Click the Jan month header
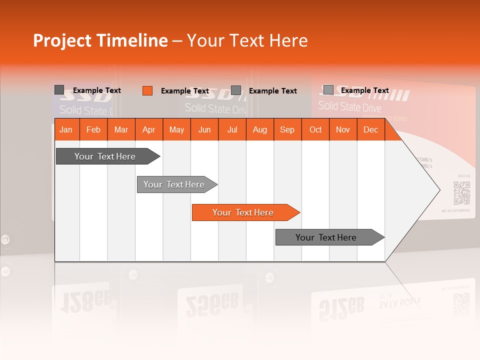coord(66,130)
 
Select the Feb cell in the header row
coord(93,130)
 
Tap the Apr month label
coord(148,130)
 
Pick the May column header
coord(176,130)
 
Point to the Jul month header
coord(232,130)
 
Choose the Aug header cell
coord(259,130)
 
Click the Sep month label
coord(287,130)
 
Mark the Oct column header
coord(315,130)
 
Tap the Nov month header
coord(343,130)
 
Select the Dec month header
coord(370,130)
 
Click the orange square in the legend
coord(147,90)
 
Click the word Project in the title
coord(62,40)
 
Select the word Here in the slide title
coord(288,40)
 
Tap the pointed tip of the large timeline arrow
coord(438,189)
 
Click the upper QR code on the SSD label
coord(461,193)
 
